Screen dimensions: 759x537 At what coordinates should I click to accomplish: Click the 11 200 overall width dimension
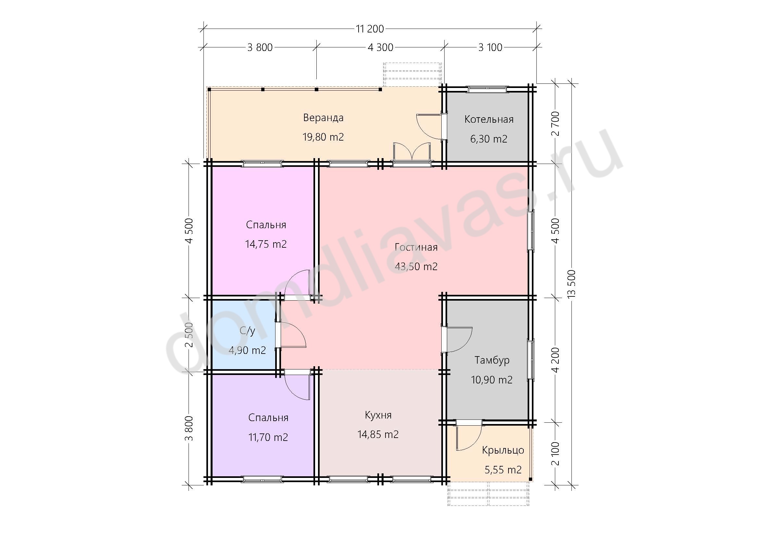coord(370,29)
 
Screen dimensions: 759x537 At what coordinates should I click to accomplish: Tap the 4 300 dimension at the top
coord(381,48)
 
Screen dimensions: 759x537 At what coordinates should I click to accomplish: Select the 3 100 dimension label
coord(490,48)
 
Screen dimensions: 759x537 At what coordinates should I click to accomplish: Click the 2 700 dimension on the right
coord(556,124)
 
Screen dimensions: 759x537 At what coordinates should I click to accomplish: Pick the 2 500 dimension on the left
coord(189,335)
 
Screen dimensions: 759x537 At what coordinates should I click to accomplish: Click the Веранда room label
coord(323,118)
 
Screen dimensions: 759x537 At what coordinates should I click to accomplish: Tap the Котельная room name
coord(489,119)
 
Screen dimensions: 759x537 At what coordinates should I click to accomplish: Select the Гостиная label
coord(416,247)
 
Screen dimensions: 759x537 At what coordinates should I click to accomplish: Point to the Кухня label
coord(378,415)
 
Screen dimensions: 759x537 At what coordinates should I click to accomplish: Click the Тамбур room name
coord(492,360)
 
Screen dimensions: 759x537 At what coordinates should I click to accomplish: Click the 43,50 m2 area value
coord(416,267)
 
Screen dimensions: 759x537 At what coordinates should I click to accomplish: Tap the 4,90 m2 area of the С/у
coord(247,350)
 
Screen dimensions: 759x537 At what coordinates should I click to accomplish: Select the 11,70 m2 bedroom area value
coord(268,437)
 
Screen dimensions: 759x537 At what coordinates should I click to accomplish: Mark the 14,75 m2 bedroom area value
coord(266,244)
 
